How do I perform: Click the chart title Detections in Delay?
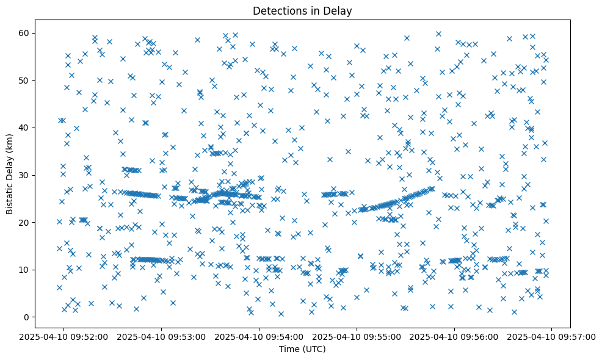tap(302, 10)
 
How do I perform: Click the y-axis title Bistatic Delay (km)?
tap(10, 173)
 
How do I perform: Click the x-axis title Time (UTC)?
tap(302, 349)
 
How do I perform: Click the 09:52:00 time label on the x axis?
tap(63, 336)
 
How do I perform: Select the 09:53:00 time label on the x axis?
tap(161, 336)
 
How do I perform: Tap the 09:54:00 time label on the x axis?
tap(259, 336)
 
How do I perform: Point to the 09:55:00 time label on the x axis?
tap(357, 336)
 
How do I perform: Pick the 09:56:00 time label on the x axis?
tap(454, 336)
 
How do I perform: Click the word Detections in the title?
tap(278, 10)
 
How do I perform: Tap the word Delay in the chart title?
tap(339, 10)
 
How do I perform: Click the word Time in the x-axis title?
tap(289, 349)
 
